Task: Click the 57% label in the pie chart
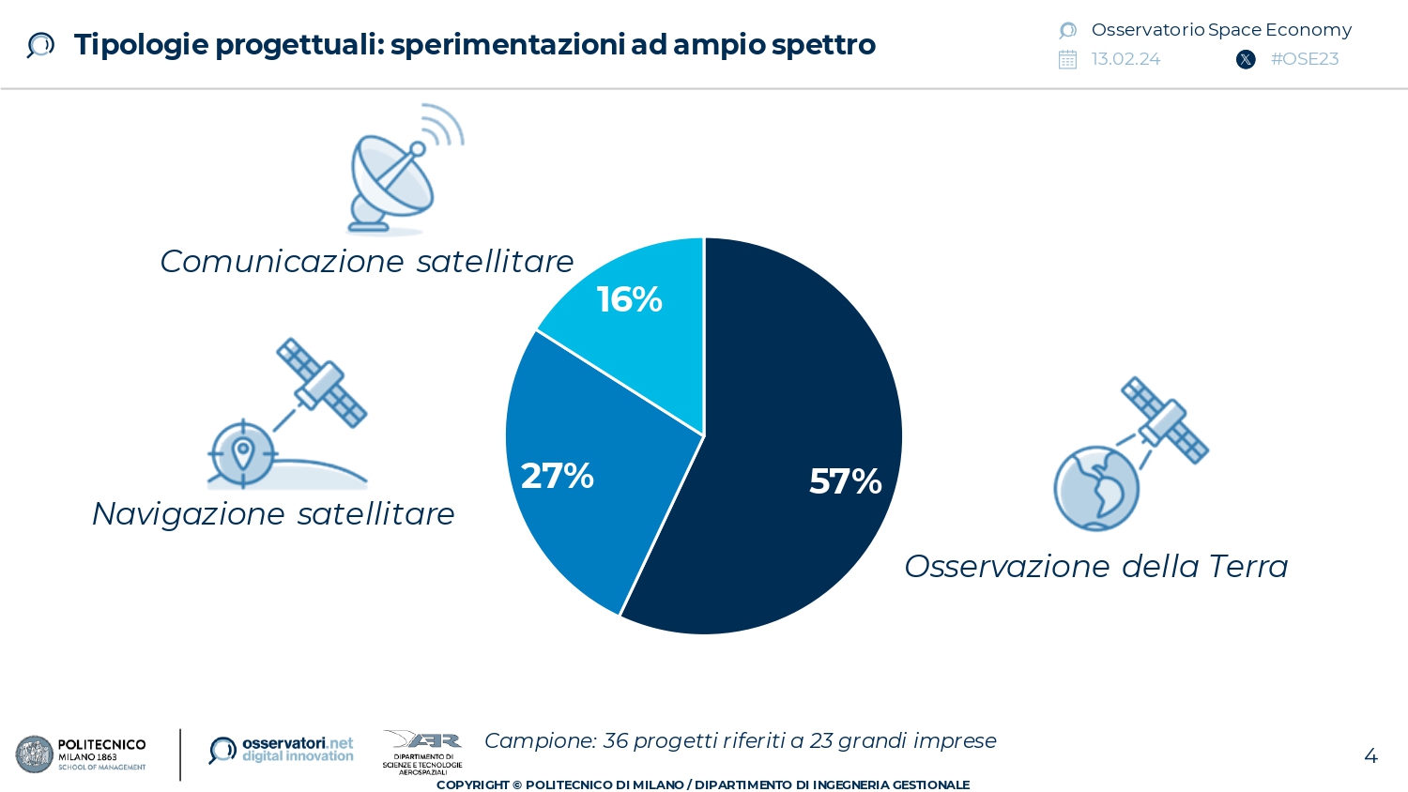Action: [x=845, y=481]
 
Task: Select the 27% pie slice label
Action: [x=557, y=476]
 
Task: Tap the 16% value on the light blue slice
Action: [x=629, y=299]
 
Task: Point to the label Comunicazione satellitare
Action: [x=366, y=261]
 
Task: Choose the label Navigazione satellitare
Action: [x=273, y=513]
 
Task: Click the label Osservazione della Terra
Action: [x=1095, y=566]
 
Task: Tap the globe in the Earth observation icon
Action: [x=1095, y=488]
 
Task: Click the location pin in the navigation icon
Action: [x=242, y=452]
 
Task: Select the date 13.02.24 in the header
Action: [x=1125, y=59]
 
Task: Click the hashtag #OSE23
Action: [x=1304, y=59]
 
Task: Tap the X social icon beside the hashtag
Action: [x=1246, y=60]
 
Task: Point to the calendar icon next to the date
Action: [x=1067, y=60]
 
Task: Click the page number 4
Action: [x=1370, y=756]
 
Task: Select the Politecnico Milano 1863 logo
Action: [x=81, y=754]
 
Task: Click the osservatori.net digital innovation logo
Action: [x=282, y=750]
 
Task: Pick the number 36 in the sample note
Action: [x=615, y=740]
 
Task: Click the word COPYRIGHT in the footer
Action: [x=472, y=784]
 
